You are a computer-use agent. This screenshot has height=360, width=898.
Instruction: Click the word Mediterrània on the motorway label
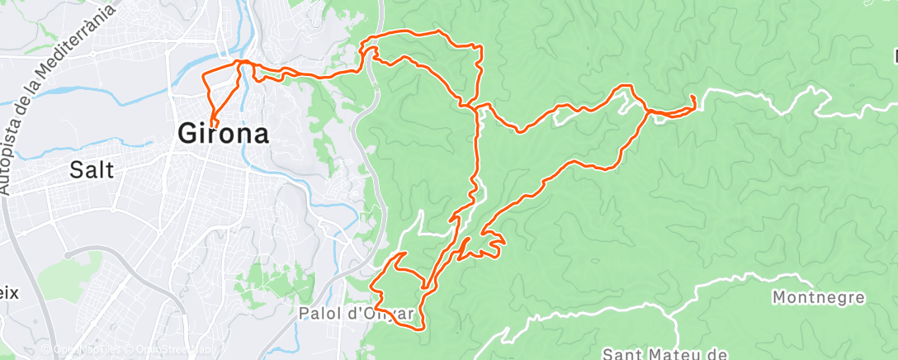(x=78, y=34)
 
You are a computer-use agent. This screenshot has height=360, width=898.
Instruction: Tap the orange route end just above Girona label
(x=213, y=124)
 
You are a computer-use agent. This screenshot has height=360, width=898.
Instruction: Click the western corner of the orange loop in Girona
(x=205, y=76)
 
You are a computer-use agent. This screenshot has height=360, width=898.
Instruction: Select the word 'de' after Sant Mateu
(x=715, y=354)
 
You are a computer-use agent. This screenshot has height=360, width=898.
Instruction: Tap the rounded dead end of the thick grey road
(x=66, y=253)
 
